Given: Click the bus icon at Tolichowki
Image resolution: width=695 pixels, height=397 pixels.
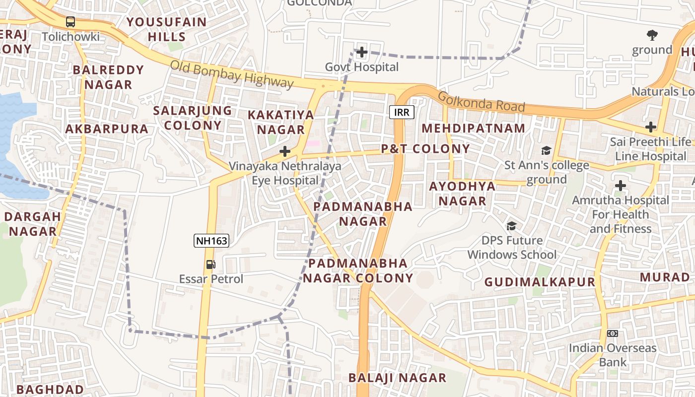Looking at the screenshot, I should tap(70, 22).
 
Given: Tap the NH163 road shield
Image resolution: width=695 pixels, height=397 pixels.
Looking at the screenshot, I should tap(211, 241).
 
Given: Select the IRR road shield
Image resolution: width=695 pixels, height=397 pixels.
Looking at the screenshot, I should tap(402, 112).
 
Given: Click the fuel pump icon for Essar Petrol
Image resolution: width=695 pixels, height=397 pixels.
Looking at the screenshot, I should tap(211, 265).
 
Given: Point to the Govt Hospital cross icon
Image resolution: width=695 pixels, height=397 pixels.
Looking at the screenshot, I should tap(362, 52).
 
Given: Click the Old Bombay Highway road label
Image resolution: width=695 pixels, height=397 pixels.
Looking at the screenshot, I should tap(232, 74).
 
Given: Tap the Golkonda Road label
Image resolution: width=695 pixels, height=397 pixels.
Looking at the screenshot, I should tap(481, 102).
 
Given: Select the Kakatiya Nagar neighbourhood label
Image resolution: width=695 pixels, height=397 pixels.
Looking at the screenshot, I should tap(281, 122).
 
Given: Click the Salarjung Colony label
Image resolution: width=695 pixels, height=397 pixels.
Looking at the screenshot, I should tap(193, 118).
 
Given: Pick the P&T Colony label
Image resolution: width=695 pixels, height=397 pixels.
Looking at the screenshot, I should tap(425, 149).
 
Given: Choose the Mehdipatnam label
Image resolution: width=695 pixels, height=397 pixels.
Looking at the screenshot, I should tap(473, 128).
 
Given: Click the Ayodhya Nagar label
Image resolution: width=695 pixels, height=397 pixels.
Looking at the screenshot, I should tap(463, 194).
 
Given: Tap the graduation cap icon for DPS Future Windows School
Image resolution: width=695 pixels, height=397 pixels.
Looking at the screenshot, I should tap(511, 226).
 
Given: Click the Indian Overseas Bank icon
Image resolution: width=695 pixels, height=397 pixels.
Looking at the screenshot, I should tap(613, 333).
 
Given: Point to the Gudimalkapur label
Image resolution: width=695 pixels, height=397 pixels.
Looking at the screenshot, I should tap(540, 282).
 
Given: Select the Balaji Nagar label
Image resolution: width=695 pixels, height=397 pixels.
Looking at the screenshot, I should tap(397, 378).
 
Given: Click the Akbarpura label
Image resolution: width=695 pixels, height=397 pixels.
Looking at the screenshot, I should tap(107, 129).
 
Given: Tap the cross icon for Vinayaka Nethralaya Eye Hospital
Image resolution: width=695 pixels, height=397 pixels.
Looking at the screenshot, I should tap(285, 151).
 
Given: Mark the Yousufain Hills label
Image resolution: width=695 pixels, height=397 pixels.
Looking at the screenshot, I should tap(166, 29).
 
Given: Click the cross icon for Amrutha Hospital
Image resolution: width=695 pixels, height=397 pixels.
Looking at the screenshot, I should tap(620, 186).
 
